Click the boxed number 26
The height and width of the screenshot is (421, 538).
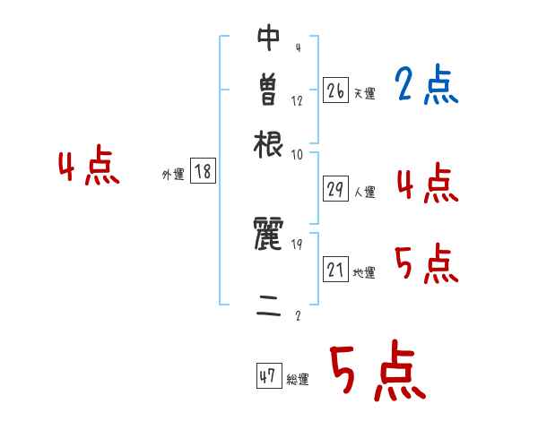[x=335, y=90]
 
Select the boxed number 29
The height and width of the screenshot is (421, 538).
[x=335, y=189]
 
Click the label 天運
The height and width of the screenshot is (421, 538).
[x=364, y=92]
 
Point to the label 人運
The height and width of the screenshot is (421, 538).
[x=364, y=192]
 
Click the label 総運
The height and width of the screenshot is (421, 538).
[x=298, y=380]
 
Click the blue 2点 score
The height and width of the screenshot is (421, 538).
[x=426, y=85]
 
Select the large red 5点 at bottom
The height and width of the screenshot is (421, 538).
[x=377, y=372]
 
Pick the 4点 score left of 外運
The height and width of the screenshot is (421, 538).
[x=89, y=168]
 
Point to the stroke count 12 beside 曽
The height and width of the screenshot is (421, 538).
[x=298, y=100]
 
